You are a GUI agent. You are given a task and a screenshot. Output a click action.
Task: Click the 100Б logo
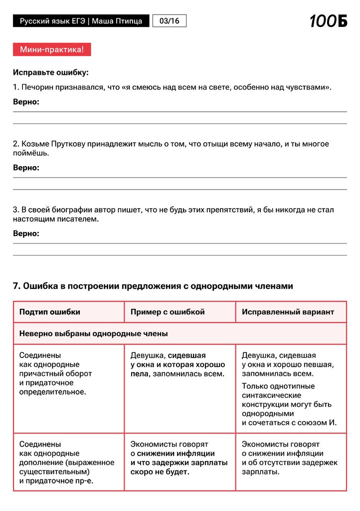point(328,21)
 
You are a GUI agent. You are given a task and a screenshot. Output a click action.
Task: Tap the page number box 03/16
point(169,21)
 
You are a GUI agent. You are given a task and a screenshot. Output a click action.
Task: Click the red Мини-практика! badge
point(52,49)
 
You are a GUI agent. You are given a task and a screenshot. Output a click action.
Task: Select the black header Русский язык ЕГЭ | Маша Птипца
point(81,21)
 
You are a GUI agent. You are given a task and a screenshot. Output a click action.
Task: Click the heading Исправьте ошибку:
point(51,72)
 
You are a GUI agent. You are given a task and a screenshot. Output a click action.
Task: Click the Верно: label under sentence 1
point(26,102)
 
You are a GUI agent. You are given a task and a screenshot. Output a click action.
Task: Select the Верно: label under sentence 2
point(26,168)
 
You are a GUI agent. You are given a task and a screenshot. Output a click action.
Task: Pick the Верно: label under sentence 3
point(26,234)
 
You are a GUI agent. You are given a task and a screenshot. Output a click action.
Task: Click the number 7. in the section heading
point(16,286)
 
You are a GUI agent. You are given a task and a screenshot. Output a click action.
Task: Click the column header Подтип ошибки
point(50,312)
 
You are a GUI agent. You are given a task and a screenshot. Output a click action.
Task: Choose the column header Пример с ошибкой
point(168,312)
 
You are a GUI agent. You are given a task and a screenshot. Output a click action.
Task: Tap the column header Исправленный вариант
point(288,312)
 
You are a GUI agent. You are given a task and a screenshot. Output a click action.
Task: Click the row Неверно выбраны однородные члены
point(94,333)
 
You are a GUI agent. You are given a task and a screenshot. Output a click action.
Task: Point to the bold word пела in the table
point(140,374)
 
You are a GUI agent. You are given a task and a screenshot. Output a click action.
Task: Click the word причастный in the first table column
point(39,374)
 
